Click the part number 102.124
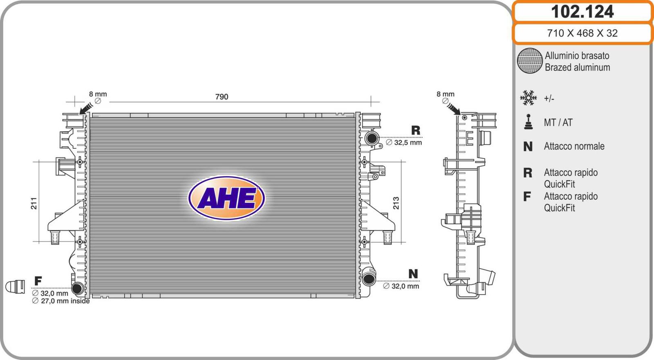(x=582, y=12)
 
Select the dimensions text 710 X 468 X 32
(x=582, y=33)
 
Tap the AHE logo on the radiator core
(x=226, y=198)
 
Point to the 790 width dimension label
(x=222, y=97)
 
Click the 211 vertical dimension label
(x=34, y=203)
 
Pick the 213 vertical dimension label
(x=396, y=203)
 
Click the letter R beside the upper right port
(x=416, y=130)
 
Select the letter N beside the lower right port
(x=413, y=274)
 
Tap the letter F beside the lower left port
(x=38, y=281)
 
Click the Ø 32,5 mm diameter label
(x=404, y=143)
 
